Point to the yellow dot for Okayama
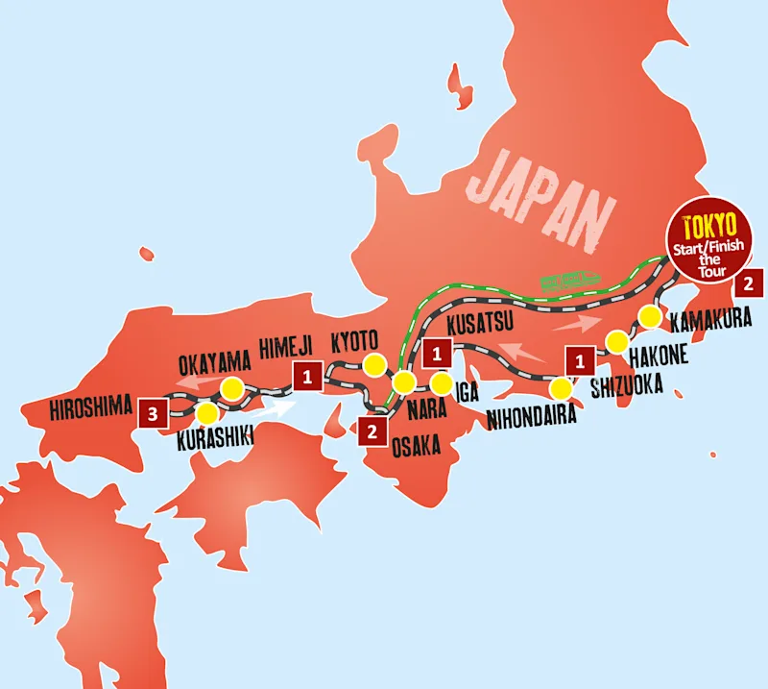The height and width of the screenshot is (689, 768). click(x=232, y=388)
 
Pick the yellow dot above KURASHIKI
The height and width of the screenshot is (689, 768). click(x=205, y=414)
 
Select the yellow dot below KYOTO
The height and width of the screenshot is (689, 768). click(x=372, y=365)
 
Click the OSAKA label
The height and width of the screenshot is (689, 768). click(x=416, y=446)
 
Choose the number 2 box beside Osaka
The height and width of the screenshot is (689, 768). click(x=372, y=431)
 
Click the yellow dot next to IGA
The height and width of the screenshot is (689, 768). click(x=441, y=384)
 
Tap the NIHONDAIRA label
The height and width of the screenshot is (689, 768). click(x=530, y=417)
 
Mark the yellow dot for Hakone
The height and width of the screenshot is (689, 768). click(x=615, y=340)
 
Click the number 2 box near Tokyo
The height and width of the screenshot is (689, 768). click(x=749, y=284)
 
